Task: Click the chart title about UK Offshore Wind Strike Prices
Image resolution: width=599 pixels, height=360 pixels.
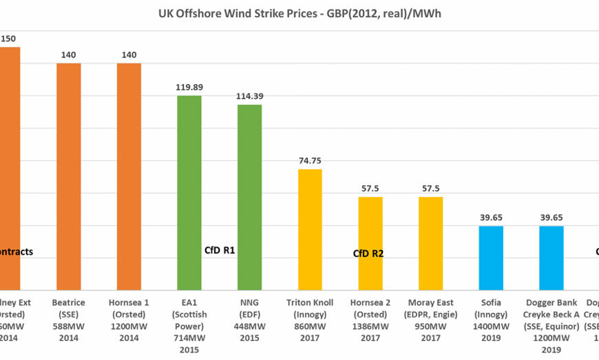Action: coord(299,14)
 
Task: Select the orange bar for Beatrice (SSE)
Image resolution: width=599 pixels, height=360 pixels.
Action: coord(69,176)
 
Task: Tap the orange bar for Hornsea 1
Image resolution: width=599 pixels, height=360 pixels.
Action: coord(129,176)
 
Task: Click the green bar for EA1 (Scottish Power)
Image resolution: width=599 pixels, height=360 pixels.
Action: coord(189,193)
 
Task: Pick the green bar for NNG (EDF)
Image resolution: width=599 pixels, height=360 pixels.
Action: coord(250,196)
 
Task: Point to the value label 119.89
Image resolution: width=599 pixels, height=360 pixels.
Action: coord(189,87)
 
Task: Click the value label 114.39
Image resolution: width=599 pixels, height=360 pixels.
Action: coord(250,96)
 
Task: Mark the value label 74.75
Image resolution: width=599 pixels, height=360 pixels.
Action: coord(310,160)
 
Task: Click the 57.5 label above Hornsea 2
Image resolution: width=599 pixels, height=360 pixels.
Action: coord(370,188)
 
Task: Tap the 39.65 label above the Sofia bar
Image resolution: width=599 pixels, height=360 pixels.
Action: coord(491,217)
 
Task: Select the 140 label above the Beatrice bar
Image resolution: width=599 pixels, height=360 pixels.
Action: coord(69,55)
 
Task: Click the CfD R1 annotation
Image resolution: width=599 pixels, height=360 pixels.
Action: coord(220,251)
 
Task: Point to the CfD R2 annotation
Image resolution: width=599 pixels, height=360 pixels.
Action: coord(368,253)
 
